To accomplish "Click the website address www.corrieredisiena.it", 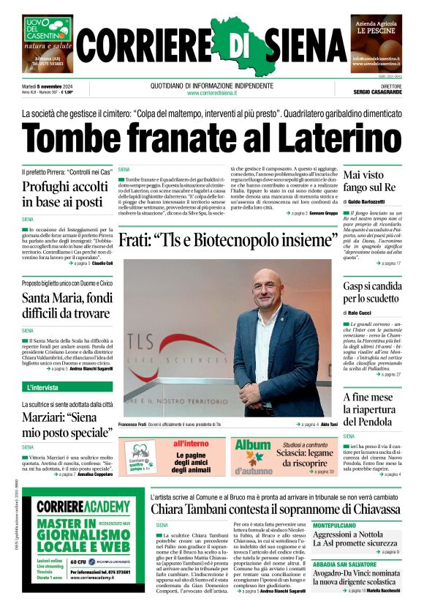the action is point(213,93).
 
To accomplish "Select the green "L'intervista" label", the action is point(47,387).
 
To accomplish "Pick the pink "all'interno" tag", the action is point(191,444).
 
